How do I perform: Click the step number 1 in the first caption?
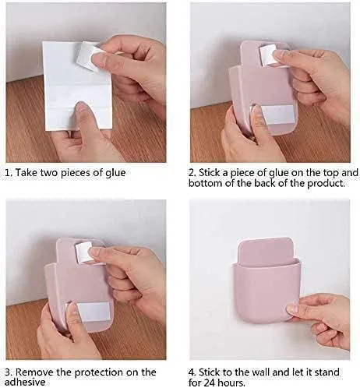[9, 172]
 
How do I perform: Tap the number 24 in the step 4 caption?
[212, 383]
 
